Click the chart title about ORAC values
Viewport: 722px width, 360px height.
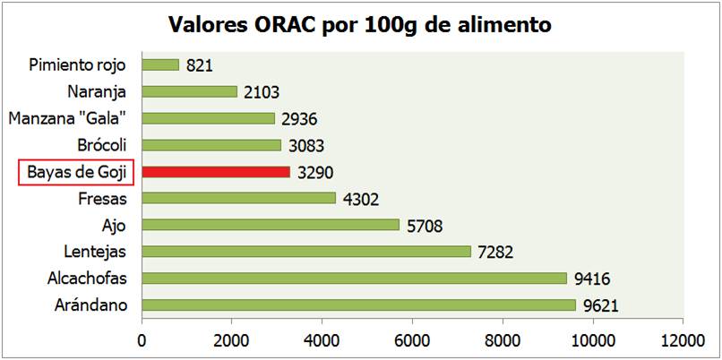(x=360, y=23)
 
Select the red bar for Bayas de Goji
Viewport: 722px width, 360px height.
(x=216, y=171)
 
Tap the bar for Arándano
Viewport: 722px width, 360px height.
(x=358, y=305)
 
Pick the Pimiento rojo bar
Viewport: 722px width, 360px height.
(x=160, y=64)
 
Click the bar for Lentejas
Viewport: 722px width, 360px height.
(x=305, y=252)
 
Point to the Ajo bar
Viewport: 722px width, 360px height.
(x=271, y=225)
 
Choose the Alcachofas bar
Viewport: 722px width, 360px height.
(x=354, y=279)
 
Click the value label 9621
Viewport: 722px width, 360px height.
(x=601, y=306)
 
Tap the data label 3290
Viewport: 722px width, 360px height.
(x=315, y=172)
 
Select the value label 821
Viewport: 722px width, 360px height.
(x=199, y=65)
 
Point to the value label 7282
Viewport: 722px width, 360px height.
(x=495, y=253)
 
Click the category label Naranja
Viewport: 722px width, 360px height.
(x=97, y=91)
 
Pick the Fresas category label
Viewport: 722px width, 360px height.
(x=102, y=198)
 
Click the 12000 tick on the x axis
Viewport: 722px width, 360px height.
(x=683, y=340)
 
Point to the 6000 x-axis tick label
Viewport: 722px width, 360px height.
(x=412, y=340)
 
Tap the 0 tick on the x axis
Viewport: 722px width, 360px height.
(x=142, y=340)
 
